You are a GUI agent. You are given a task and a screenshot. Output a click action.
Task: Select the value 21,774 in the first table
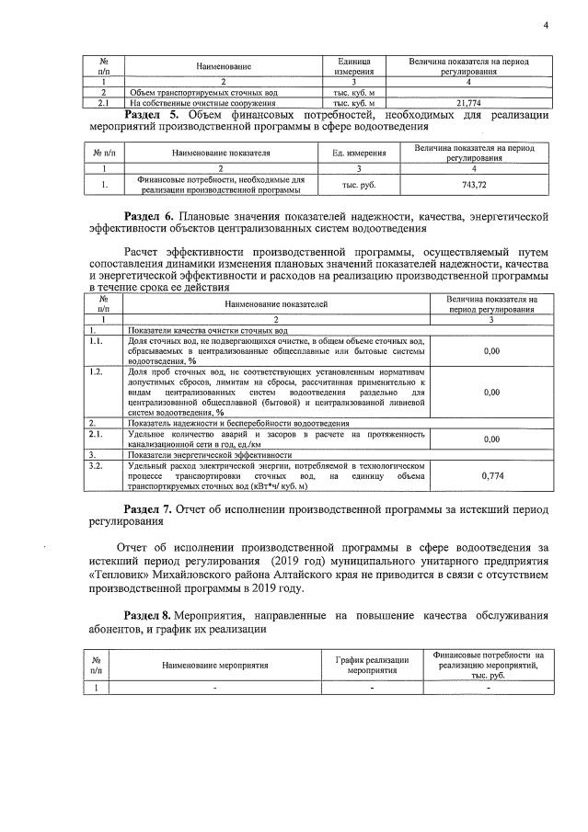470,103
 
